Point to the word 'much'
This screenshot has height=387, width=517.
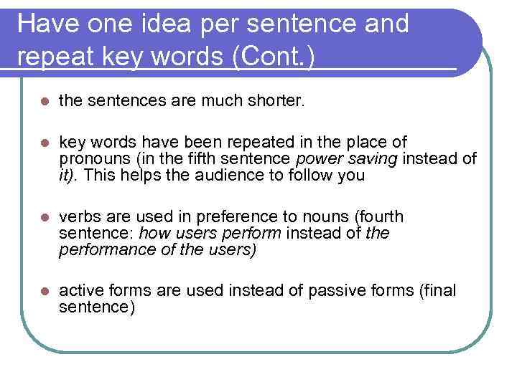[x=219, y=102]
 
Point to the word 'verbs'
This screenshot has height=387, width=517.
[x=77, y=216]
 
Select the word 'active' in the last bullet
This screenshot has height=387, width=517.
[x=79, y=291]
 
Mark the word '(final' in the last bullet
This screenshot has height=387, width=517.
[x=436, y=291]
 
